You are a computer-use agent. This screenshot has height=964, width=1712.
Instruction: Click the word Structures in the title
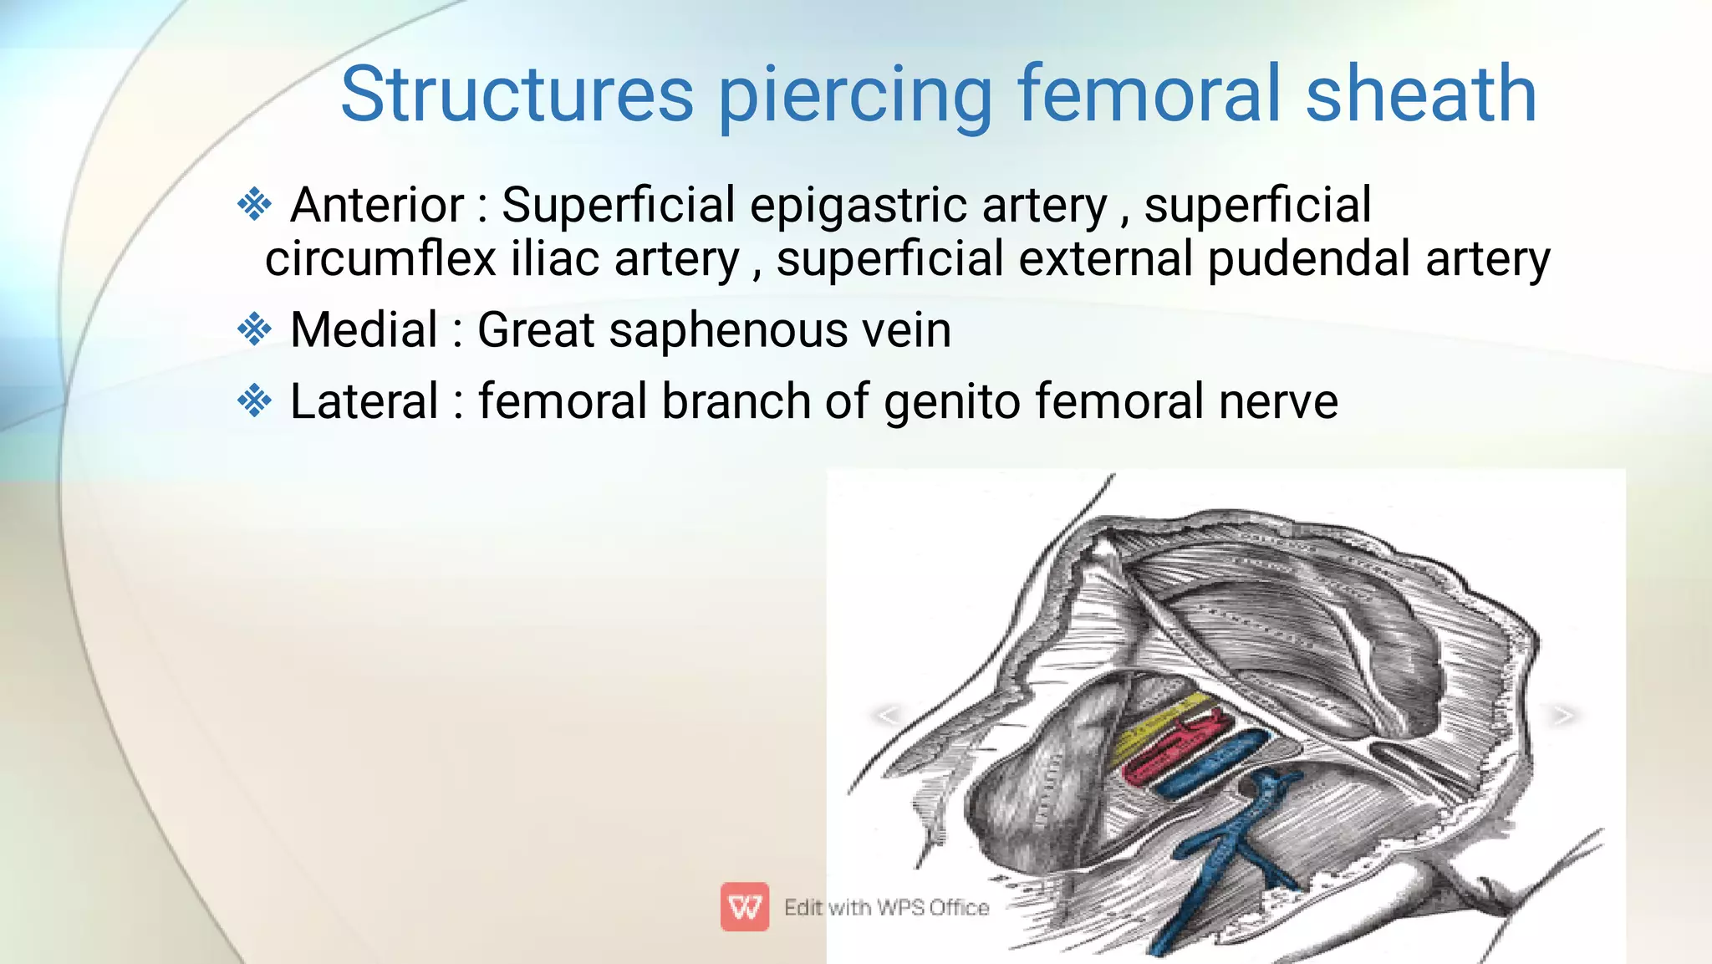[517, 94]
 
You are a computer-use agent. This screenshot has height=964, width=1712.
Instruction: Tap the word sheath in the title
[1420, 94]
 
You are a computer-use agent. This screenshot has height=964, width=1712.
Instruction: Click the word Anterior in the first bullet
[376, 205]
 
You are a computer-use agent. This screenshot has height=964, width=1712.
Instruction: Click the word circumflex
[381, 258]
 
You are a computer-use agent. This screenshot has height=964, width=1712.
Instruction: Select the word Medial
[364, 329]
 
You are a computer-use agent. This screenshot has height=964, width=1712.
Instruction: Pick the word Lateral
[364, 401]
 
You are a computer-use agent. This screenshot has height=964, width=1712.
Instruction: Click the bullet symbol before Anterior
[254, 205]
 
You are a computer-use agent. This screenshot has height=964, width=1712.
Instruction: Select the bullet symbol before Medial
[254, 329]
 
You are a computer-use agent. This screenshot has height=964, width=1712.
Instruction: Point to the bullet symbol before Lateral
[254, 401]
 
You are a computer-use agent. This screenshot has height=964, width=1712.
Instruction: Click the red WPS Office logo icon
[744, 906]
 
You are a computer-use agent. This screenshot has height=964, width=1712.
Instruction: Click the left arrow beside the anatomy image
[887, 715]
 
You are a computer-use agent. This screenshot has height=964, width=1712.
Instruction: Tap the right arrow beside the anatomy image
[1562, 715]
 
